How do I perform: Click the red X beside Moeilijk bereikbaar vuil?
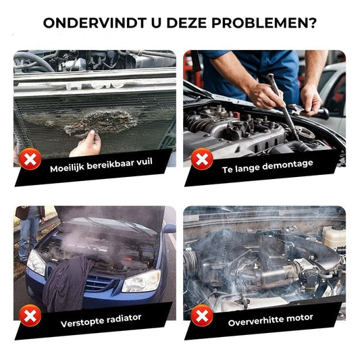pos(28,160)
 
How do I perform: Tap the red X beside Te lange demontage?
pos(201,160)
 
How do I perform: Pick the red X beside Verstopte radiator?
pos(28,315)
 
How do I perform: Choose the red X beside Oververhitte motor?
pos(201,315)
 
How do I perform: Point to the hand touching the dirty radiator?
pos(86,144)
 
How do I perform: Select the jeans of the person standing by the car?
pos(29,237)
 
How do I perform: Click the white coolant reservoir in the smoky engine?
pos(333,236)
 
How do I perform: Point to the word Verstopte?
pos(83,322)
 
